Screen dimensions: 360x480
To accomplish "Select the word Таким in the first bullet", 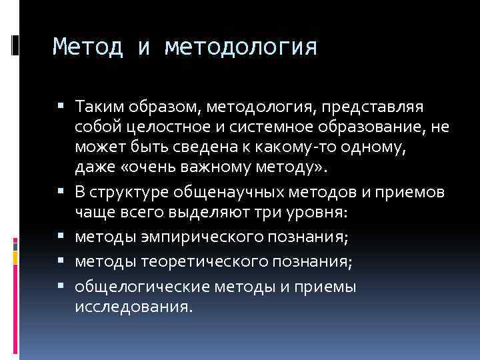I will coord(96,107).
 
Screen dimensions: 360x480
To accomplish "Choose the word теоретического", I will coord(196,262).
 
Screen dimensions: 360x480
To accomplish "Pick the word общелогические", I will coord(135,287).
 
